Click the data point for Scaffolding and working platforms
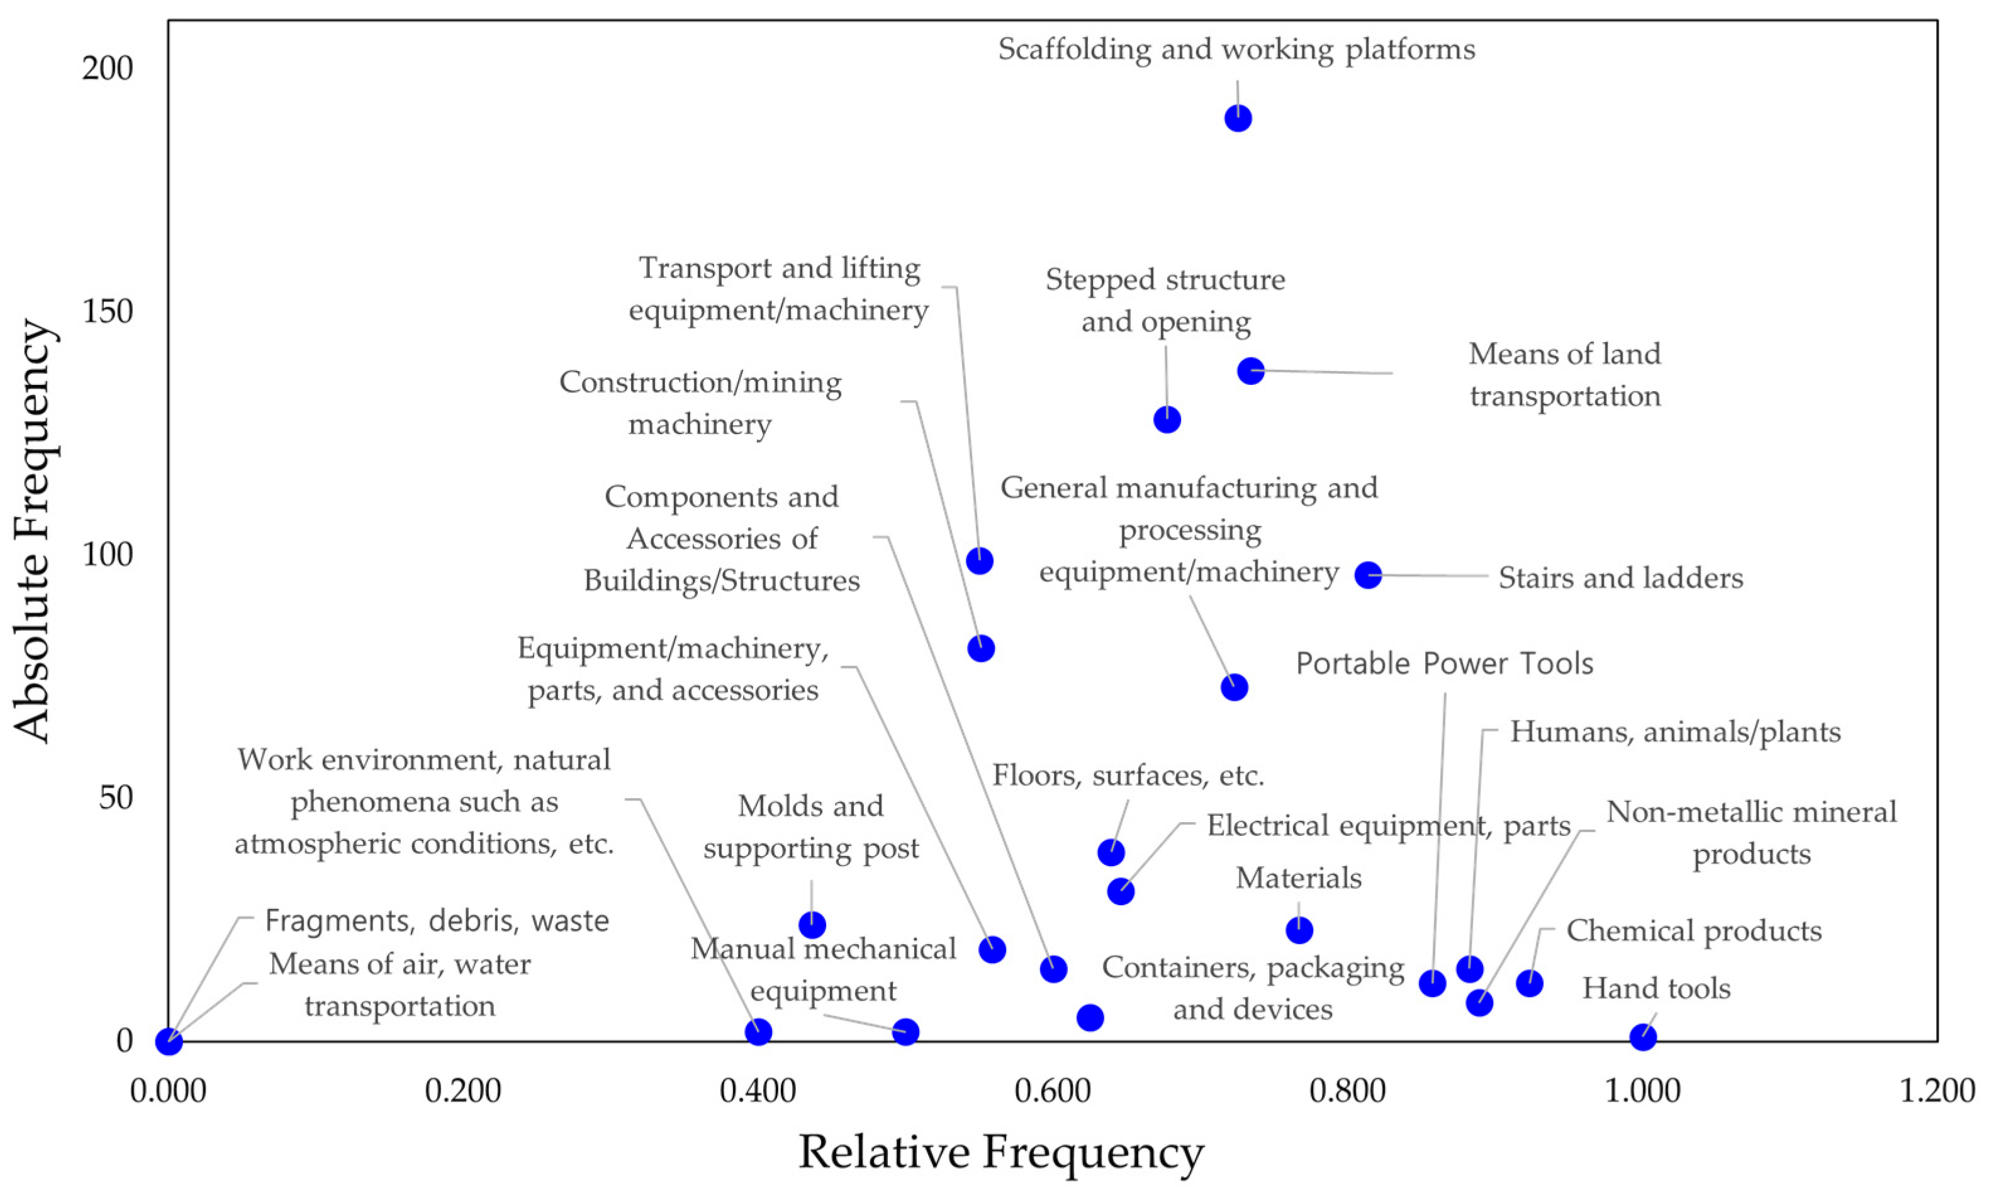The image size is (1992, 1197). (x=1238, y=119)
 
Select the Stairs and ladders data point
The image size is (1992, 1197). (x=1368, y=575)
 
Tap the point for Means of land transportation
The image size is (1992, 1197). (x=1251, y=371)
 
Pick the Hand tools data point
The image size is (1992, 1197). (x=1643, y=1037)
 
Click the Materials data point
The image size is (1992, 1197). (x=1299, y=930)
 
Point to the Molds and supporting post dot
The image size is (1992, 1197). (x=812, y=925)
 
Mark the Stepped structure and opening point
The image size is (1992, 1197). (x=1167, y=420)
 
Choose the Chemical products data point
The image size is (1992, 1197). (x=1530, y=983)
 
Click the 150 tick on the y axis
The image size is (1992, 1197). (x=108, y=311)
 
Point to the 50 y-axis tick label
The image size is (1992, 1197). (x=115, y=798)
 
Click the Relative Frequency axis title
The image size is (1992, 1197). (x=1001, y=1152)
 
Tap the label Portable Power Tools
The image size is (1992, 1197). (x=1444, y=664)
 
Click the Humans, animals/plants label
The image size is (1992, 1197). (x=1675, y=732)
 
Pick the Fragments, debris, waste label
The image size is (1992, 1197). (x=437, y=921)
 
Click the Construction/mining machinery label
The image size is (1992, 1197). (x=700, y=403)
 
